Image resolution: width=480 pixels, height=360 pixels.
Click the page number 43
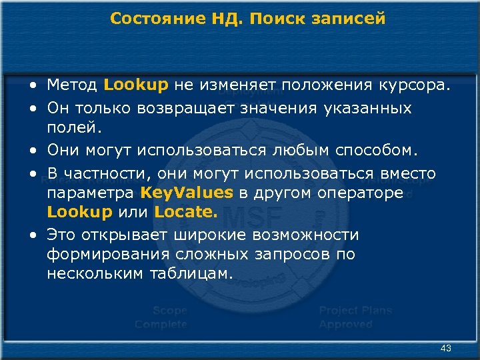(x=446, y=349)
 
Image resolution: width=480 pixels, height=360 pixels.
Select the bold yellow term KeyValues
(x=187, y=193)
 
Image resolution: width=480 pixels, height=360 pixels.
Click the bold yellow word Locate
(x=186, y=213)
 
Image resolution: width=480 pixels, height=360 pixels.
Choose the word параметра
(x=91, y=193)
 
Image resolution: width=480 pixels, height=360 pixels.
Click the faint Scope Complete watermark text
(x=161, y=317)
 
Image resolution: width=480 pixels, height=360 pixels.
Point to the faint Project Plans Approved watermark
(x=355, y=317)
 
